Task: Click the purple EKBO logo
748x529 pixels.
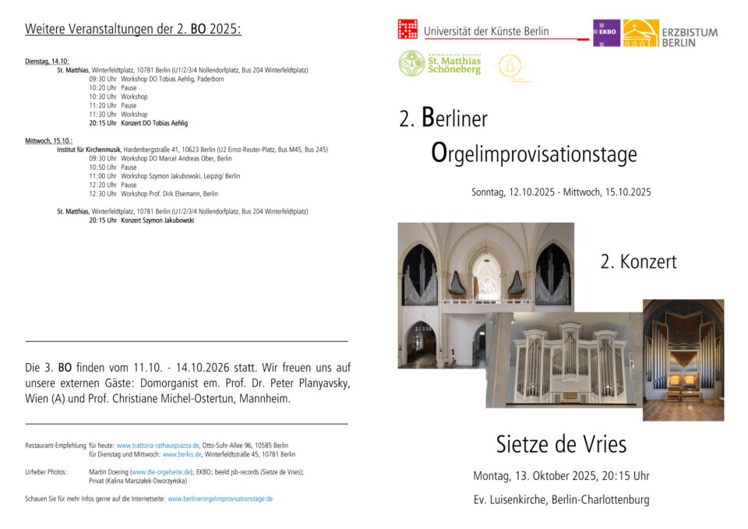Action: (x=606, y=34)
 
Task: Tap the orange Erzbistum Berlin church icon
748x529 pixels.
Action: (x=640, y=34)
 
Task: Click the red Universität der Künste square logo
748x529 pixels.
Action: (x=408, y=30)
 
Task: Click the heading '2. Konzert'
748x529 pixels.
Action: (x=638, y=263)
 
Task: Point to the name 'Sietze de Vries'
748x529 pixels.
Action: (x=561, y=444)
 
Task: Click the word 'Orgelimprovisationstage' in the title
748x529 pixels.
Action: (x=534, y=153)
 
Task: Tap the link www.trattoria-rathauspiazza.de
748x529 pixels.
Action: (x=158, y=446)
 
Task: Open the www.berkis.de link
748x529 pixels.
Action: (x=182, y=454)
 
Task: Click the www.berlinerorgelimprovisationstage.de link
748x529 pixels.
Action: (x=221, y=499)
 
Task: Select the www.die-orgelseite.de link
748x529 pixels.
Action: (x=161, y=472)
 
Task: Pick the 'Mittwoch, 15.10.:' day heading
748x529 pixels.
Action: (x=49, y=141)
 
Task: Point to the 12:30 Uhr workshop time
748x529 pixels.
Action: (x=102, y=194)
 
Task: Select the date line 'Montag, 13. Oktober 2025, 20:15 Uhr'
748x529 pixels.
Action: (x=561, y=476)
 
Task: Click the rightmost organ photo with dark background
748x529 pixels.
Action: (x=683, y=360)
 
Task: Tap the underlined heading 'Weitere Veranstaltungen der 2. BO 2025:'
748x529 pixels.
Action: (x=133, y=30)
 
